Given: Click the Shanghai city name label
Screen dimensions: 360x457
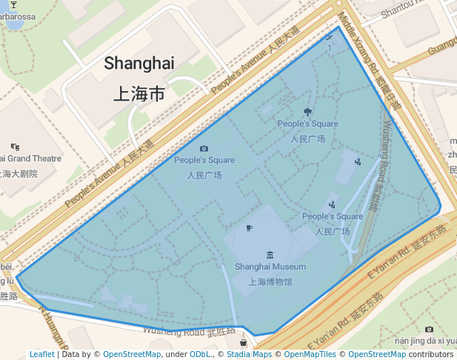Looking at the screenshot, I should click(139, 63).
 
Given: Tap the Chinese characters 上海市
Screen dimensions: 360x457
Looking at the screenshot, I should click(139, 94).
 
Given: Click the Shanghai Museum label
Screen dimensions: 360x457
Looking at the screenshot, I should click(270, 267).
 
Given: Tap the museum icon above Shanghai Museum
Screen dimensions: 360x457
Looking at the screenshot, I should click(269, 254).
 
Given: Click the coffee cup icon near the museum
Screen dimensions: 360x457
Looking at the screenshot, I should click(249, 227).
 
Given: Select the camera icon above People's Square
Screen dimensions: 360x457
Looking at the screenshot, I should click(204, 149).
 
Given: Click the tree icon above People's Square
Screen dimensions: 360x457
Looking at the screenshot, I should click(307, 113).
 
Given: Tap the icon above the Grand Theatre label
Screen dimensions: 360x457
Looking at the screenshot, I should click(16, 147).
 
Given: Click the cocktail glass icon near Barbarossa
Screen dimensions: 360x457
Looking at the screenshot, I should click(13, 5).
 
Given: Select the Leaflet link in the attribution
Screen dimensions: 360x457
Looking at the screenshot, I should click(41, 355).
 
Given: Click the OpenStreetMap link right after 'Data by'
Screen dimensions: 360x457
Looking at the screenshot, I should click(131, 355).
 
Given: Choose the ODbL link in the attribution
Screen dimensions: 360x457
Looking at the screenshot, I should click(200, 355).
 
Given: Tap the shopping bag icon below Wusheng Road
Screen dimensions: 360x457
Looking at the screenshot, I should click(243, 343).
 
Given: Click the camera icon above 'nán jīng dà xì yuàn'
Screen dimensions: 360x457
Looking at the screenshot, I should click(429, 330).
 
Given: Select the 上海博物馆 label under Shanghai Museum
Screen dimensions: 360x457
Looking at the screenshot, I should click(270, 281).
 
